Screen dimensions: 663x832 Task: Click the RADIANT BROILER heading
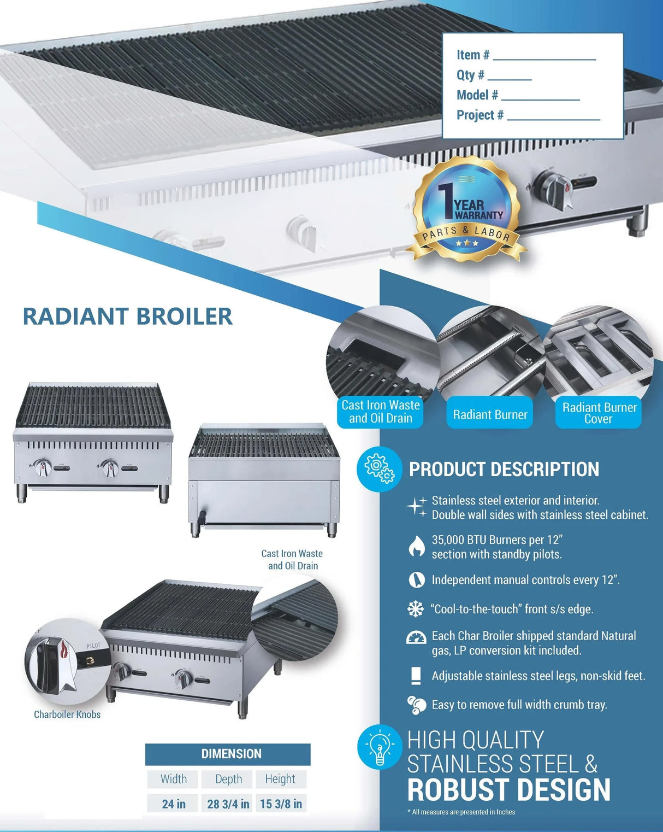[127, 317]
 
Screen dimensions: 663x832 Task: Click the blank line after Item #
[544, 60]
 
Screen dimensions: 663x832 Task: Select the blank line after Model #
[541, 99]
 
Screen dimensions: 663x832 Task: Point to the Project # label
[480, 115]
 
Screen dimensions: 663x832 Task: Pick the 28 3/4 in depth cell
[228, 804]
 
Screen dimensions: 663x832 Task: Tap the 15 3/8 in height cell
[281, 804]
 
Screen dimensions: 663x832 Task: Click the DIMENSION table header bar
[228, 754]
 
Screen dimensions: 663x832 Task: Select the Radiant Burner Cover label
[599, 413]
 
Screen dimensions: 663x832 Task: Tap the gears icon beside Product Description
[380, 469]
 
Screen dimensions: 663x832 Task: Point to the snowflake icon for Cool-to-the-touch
[416, 609]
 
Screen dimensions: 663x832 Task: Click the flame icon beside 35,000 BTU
[417, 546]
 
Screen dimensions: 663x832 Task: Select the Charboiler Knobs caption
[67, 714]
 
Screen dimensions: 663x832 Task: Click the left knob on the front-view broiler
[42, 468]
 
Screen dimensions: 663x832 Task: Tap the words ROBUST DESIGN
[509, 789]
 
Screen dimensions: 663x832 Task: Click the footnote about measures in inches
[461, 812]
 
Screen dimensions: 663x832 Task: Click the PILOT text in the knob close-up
[93, 646]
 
